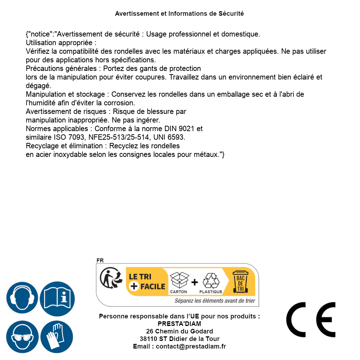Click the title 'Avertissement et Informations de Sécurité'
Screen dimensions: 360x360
(x=179, y=14)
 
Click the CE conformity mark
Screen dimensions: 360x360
(x=311, y=320)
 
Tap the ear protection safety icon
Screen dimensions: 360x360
(x=22, y=298)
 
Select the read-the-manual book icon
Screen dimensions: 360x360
(x=57, y=298)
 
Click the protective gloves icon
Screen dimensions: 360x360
(x=57, y=337)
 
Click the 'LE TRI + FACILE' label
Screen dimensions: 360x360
(x=147, y=281)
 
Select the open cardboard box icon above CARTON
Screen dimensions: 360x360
(x=179, y=279)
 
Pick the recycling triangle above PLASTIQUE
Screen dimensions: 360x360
(x=211, y=280)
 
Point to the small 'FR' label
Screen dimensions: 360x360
(x=100, y=260)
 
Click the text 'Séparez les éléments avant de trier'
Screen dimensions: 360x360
(x=215, y=301)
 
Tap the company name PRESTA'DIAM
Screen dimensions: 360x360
(x=179, y=324)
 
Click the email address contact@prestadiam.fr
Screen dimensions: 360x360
(x=191, y=346)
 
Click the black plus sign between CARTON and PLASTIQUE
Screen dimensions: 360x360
(x=195, y=282)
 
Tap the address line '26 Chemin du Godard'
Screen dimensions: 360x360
(x=179, y=331)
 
